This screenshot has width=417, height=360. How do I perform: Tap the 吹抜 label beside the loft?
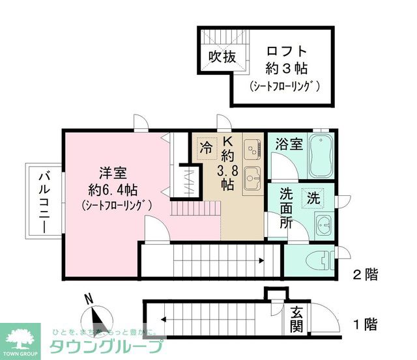point(221,57)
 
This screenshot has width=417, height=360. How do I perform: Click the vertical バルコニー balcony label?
point(44,201)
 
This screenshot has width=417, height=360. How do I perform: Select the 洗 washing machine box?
point(314,197)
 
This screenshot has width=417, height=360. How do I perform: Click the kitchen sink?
point(251,176)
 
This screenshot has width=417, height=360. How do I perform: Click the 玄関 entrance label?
point(297,317)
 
